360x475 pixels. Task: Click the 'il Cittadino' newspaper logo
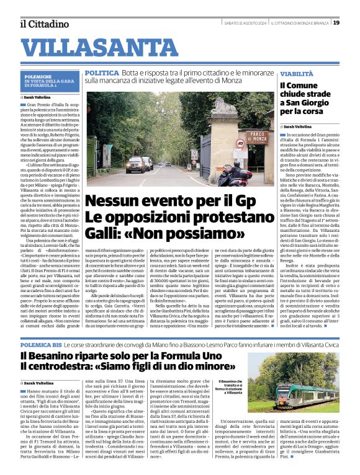pos(43,24)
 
